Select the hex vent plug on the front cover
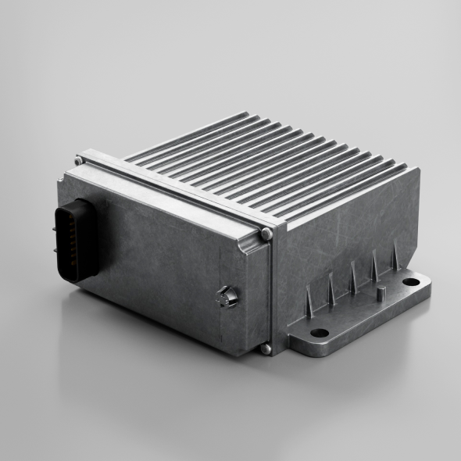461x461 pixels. [227, 296]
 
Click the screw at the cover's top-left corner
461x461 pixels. [79, 161]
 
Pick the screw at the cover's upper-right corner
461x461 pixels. [266, 233]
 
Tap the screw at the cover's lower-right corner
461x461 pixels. [266, 348]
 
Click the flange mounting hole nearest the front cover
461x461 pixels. [319, 333]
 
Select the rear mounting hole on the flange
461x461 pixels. [410, 281]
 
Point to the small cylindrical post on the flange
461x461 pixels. [381, 294]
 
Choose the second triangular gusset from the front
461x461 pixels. [331, 291]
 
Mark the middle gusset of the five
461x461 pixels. [353, 280]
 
